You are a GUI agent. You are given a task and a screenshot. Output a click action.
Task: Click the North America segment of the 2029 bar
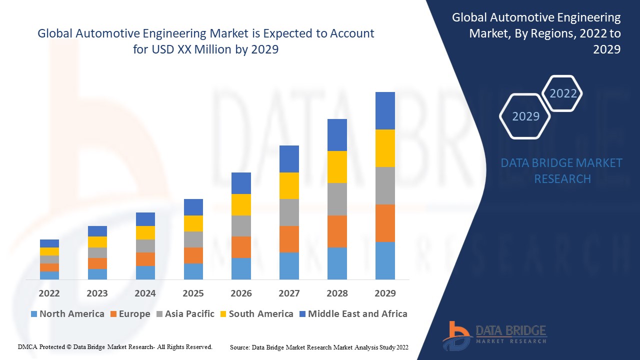pyautogui.click(x=385, y=260)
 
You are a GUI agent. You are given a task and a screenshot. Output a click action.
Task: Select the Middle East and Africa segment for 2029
pyautogui.click(x=385, y=110)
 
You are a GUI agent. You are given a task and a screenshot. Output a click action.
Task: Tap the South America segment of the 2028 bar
pyautogui.click(x=337, y=167)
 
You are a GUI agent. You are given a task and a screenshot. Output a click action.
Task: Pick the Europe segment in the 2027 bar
pyautogui.click(x=289, y=239)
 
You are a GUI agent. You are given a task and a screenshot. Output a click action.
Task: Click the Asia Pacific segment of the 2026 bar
pyautogui.click(x=241, y=226)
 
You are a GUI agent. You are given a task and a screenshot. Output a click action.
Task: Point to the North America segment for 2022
pyautogui.click(x=49, y=275)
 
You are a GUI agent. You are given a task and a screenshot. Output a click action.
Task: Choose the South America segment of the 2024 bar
pyautogui.click(x=145, y=232)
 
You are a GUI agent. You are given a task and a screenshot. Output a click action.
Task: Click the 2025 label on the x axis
pyautogui.click(x=193, y=293)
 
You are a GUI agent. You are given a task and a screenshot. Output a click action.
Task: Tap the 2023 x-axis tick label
pyautogui.click(x=97, y=293)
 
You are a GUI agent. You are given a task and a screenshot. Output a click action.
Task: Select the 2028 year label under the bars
pyautogui.click(x=337, y=293)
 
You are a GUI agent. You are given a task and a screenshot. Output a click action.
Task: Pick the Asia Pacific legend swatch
pyautogui.click(x=160, y=314)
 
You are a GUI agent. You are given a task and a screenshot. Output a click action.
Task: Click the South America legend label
pyautogui.click(x=261, y=314)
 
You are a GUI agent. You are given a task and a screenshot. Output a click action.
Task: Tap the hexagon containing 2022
pyautogui.click(x=562, y=93)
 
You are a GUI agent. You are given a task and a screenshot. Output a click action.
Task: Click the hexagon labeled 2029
pyautogui.click(x=525, y=116)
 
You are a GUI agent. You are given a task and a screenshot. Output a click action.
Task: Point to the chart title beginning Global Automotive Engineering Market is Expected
pyautogui.click(x=205, y=41)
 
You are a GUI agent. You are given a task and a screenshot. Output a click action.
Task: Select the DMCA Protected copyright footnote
pyautogui.click(x=115, y=347)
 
